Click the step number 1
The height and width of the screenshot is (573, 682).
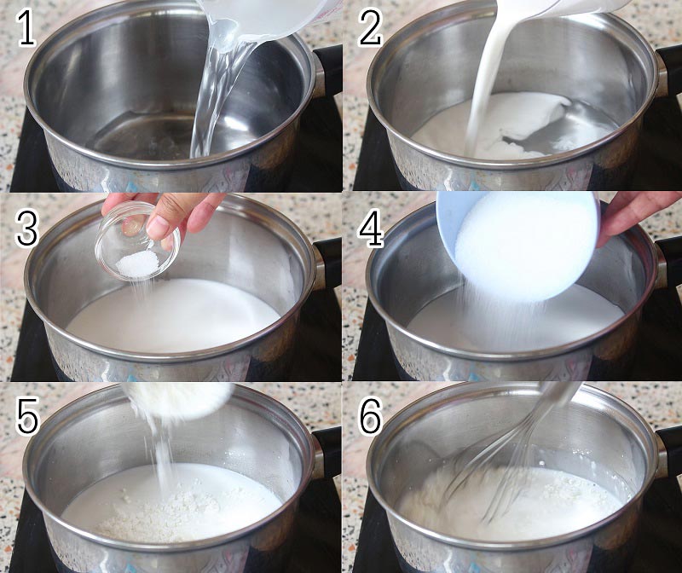(x=26, y=28)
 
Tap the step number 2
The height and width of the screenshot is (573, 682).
(x=370, y=28)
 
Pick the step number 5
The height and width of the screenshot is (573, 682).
(x=27, y=418)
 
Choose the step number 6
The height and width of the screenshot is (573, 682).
(x=371, y=418)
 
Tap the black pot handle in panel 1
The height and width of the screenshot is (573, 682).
(x=327, y=71)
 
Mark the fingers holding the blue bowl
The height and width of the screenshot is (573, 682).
(x=630, y=217)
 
